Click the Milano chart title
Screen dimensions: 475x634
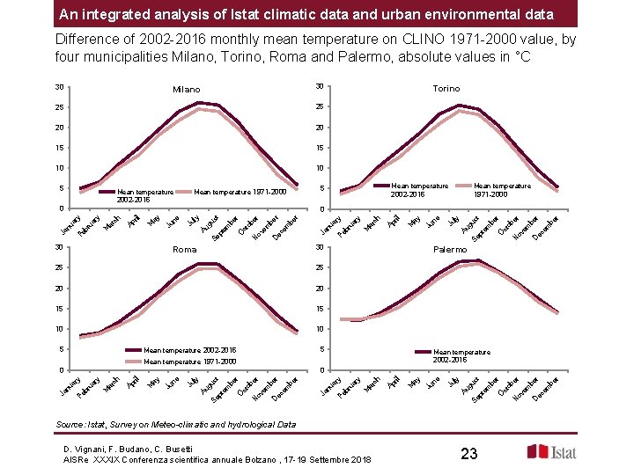coord(186,90)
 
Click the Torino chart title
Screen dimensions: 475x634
coord(446,89)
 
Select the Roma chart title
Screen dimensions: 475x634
coord(184,250)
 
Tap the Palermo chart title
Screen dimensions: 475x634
coord(450,250)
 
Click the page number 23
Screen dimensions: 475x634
coord(468,454)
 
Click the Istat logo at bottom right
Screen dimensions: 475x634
coord(553,452)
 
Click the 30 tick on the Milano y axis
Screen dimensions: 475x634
coord(59,86)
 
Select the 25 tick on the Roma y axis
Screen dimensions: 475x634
coord(59,267)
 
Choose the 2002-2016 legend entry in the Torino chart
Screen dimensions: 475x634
coord(419,189)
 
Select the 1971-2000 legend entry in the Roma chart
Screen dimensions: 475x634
coord(190,362)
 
